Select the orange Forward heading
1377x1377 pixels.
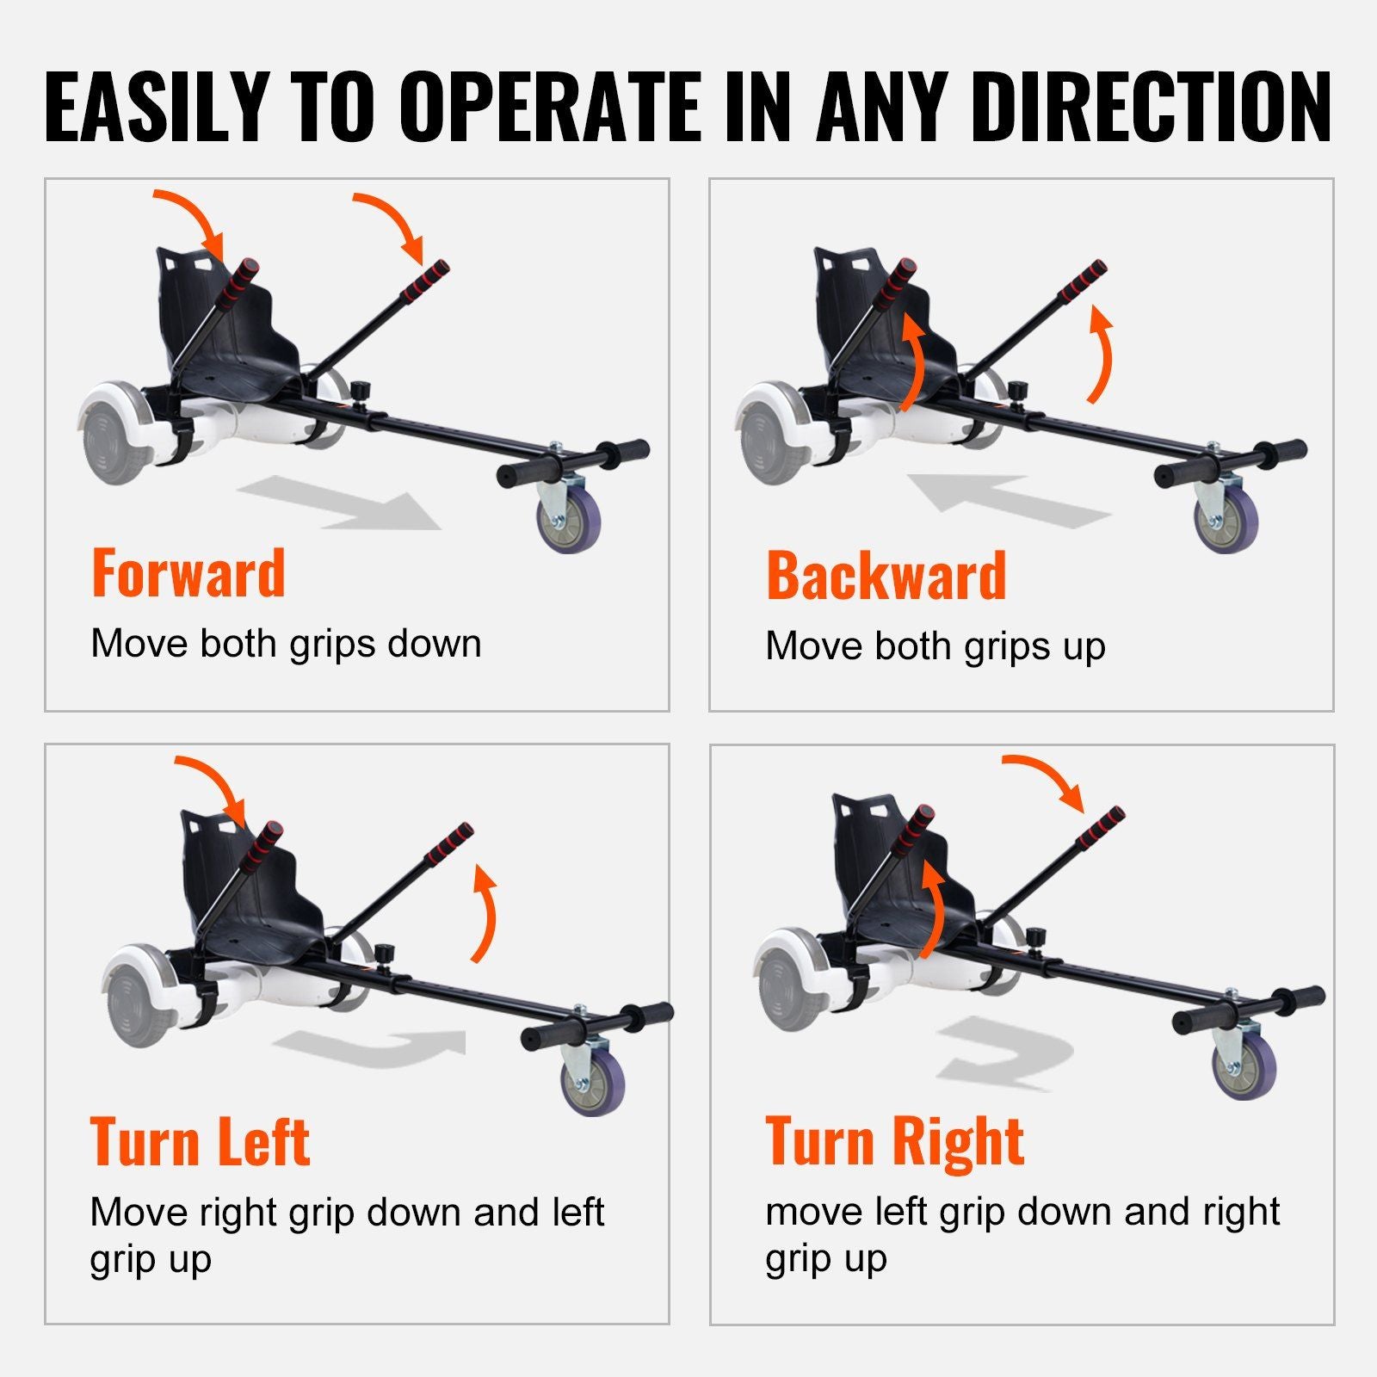(188, 573)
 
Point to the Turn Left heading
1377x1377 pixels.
(201, 1141)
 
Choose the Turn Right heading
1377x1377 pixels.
(895, 1141)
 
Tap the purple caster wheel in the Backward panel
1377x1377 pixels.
(1226, 518)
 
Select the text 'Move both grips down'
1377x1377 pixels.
(286, 644)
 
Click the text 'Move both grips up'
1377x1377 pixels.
(935, 646)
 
